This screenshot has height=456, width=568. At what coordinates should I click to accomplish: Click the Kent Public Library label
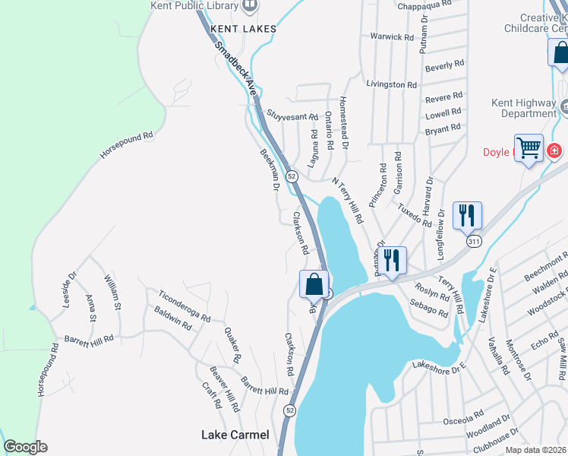coord(200,5)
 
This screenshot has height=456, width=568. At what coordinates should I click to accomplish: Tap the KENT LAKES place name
coord(243,29)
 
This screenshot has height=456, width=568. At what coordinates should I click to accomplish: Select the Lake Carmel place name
coord(235,435)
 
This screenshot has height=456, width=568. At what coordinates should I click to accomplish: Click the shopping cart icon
coord(529,147)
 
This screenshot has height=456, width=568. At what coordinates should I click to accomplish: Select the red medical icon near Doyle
coord(555,150)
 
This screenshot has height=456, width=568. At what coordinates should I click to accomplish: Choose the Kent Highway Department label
coord(529,108)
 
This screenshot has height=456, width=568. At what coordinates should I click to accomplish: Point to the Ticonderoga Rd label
coord(184,306)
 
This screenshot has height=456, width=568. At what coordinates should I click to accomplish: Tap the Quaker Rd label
coord(232,344)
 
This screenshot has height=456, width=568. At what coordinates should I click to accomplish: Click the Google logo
coord(25,447)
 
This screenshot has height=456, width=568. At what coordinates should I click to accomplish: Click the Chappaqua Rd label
coord(424,4)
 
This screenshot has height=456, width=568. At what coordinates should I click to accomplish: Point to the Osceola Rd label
coord(462,418)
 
